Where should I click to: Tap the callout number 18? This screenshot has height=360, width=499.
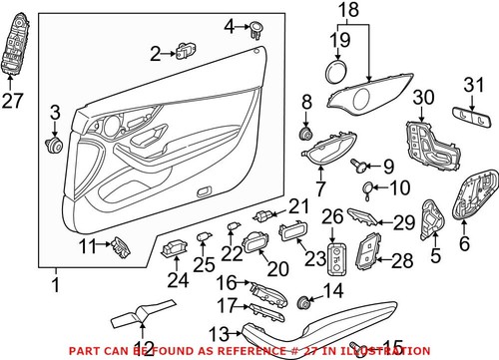pos(347,12)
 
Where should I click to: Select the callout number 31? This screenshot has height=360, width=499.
pos(474,87)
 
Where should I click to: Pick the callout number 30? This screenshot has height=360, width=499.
pos(423,97)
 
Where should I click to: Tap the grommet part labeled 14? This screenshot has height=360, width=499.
pos(307,301)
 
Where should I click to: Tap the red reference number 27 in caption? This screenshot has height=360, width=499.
pos(335,348)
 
